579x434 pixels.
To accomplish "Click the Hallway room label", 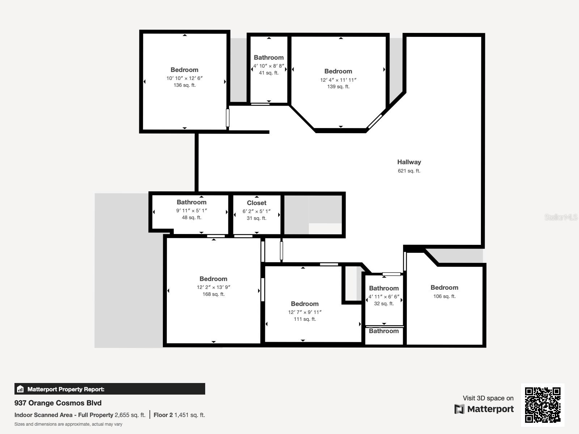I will tap(409, 162).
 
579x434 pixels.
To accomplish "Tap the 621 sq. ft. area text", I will tap(409, 171).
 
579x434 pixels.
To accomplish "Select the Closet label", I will tap(257, 203).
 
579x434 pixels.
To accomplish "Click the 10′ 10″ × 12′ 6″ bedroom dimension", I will tap(185, 78).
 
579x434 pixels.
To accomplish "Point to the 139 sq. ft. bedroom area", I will tap(338, 87).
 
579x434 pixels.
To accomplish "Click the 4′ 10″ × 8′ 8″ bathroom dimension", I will tap(269, 66).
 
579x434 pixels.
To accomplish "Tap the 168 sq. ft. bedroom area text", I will tap(214, 294).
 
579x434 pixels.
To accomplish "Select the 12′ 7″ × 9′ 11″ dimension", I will tap(305, 312).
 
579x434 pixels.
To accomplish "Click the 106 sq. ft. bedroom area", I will tap(444, 296).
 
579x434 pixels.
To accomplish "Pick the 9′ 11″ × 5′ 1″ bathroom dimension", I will tap(191, 210).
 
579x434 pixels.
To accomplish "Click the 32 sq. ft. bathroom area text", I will tap(384, 303).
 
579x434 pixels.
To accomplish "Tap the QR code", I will tap(542, 405).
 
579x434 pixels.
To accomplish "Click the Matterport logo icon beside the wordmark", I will tap(459, 409).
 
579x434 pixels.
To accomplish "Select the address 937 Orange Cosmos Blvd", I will tap(58, 403).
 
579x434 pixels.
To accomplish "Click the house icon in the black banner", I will tap(20, 389).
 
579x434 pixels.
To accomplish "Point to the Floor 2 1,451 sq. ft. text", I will tap(179, 415).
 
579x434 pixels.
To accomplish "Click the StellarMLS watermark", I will tap(561, 217).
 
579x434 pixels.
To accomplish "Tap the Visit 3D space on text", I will tap(488, 398).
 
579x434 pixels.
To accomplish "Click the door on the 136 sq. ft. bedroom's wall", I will tap(228, 118).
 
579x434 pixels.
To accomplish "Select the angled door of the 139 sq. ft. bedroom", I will tap(375, 121).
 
